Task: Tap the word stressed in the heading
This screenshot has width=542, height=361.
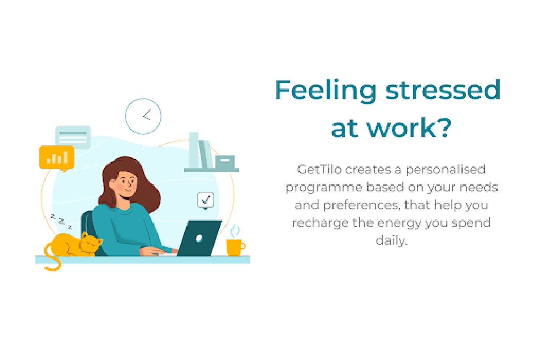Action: coord(443,90)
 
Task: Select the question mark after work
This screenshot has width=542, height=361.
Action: coord(444,127)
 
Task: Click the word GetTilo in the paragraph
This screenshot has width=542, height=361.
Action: coord(319,169)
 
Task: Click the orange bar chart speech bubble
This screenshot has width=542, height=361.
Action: coord(57,158)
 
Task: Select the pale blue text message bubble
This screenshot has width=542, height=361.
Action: coord(73,137)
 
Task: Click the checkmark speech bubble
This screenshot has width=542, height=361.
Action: coord(206,200)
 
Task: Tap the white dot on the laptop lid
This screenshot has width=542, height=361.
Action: coord(199,238)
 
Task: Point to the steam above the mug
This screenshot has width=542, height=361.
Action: coord(235,231)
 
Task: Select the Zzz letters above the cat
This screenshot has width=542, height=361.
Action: coord(61,221)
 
